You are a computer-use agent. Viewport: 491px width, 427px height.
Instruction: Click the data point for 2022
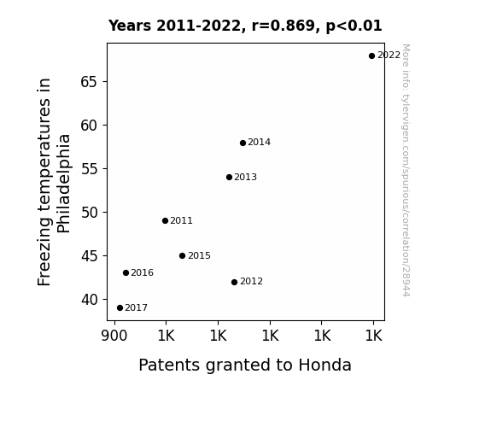(x=371, y=56)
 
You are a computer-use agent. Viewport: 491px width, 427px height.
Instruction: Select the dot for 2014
(x=243, y=143)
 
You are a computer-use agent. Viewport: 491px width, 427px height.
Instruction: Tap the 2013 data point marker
(x=229, y=178)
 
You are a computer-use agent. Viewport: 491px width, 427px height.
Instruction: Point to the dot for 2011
(x=166, y=221)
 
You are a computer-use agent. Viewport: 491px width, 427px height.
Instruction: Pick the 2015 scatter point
(x=182, y=255)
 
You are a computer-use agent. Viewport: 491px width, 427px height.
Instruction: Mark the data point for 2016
(x=126, y=273)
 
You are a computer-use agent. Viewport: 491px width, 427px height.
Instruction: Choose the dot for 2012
(x=234, y=283)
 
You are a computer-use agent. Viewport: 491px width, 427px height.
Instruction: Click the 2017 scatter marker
(x=120, y=308)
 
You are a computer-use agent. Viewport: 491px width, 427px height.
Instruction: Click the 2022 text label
(x=389, y=56)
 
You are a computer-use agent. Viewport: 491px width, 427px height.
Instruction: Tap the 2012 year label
(x=251, y=281)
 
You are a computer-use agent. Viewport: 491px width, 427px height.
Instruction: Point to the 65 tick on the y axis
(x=89, y=82)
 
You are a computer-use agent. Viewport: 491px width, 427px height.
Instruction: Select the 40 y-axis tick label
(x=90, y=300)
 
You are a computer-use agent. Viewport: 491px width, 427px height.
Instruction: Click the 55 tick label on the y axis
(x=90, y=169)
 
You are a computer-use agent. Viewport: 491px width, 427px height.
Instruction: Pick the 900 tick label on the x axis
(x=114, y=336)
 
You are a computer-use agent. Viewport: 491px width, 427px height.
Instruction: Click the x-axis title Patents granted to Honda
(x=245, y=366)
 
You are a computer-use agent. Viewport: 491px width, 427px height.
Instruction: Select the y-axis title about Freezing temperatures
(x=54, y=182)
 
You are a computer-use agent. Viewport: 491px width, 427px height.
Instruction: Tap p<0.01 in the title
(x=354, y=26)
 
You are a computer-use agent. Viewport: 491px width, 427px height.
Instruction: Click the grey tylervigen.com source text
(x=406, y=170)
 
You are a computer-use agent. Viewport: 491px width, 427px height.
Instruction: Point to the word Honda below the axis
(x=324, y=365)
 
